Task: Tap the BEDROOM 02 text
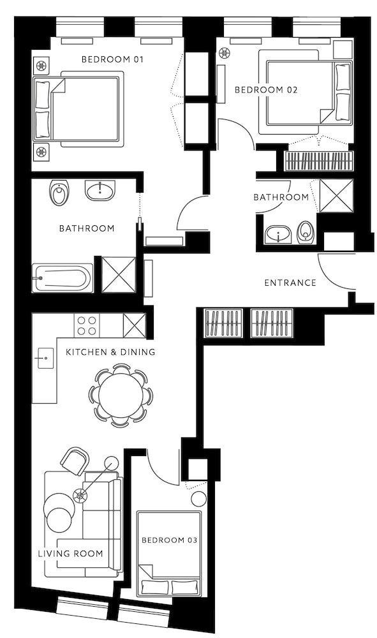(x=266, y=90)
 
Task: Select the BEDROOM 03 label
(x=169, y=540)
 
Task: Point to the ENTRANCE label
(x=290, y=283)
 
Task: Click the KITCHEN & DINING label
(x=110, y=352)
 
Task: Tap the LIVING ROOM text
(x=70, y=554)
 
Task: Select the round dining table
(x=121, y=395)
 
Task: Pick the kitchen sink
(x=45, y=359)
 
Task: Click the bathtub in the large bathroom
(x=63, y=278)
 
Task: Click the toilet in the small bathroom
(x=306, y=233)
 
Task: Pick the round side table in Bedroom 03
(x=199, y=500)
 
